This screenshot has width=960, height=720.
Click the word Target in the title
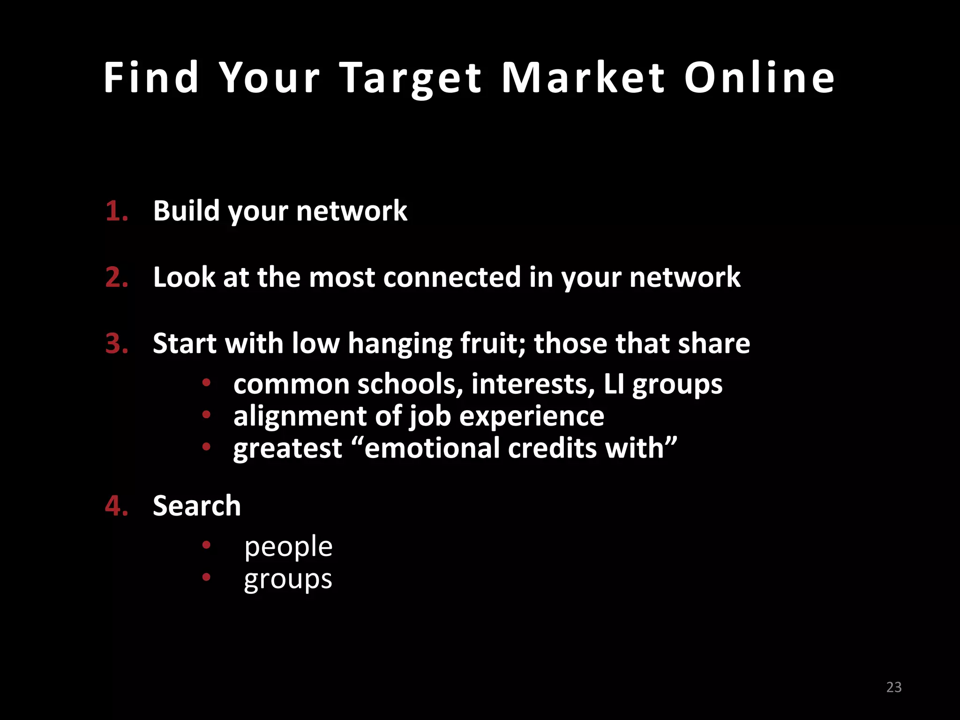pyautogui.click(x=411, y=78)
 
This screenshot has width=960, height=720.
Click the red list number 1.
pyautogui.click(x=116, y=211)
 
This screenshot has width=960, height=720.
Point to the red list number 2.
pyautogui.click(x=116, y=277)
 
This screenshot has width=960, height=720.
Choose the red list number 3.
pyautogui.click(x=116, y=344)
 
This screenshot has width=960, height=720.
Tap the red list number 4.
pyautogui.click(x=116, y=506)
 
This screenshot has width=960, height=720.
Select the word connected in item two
pyautogui.click(x=452, y=277)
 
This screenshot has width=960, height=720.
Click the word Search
pyautogui.click(x=197, y=506)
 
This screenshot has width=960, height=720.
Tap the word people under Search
pyautogui.click(x=288, y=547)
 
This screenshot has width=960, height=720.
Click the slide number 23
pyautogui.click(x=894, y=687)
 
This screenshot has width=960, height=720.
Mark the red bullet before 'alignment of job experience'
pyautogui.click(x=206, y=415)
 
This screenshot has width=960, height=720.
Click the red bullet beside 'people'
pyautogui.click(x=206, y=545)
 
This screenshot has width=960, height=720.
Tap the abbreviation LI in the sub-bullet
pyautogui.click(x=614, y=384)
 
